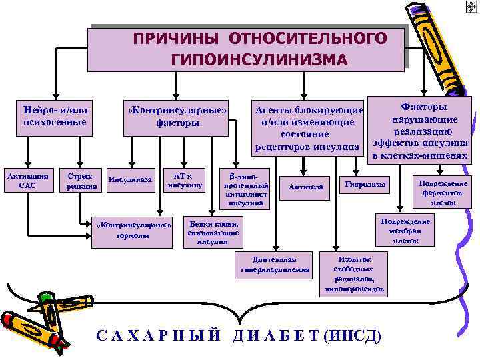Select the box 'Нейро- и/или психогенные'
tap(55, 115)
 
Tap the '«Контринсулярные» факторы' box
tap(177, 115)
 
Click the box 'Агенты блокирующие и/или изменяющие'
tap(308, 127)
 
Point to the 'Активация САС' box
tap(27, 181)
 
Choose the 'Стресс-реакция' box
tap(81, 181)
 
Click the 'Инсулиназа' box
tap(131, 179)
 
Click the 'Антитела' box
tap(305, 187)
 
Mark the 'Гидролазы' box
tap(363, 184)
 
